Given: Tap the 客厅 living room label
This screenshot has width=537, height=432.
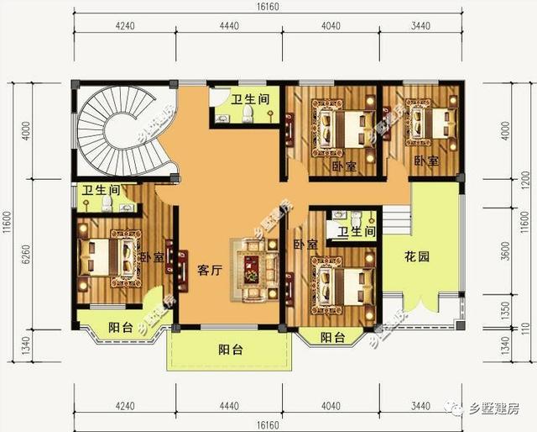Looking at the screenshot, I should [208, 271].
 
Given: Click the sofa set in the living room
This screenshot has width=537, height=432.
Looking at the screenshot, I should [253, 270].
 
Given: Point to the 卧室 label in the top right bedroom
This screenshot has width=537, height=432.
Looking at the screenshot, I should [425, 160].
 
